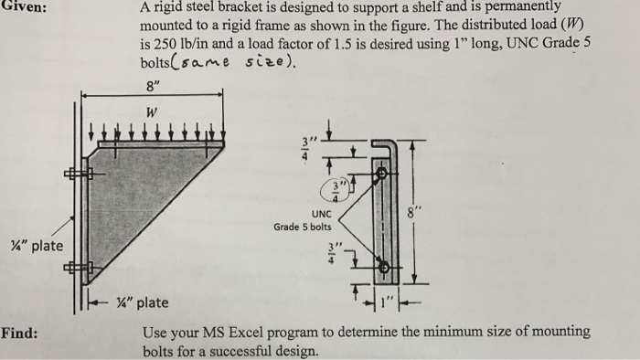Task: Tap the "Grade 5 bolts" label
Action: point(303,225)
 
